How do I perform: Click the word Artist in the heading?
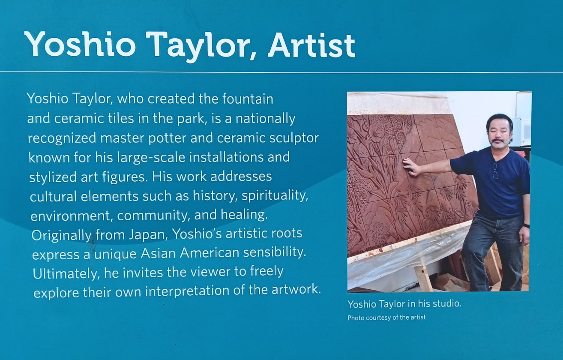(x=311, y=44)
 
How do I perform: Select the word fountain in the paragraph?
(x=248, y=99)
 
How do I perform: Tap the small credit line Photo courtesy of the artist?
(x=386, y=318)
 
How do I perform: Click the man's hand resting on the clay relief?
(x=411, y=167)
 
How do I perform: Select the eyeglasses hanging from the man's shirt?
(x=495, y=170)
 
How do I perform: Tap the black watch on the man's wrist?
(x=526, y=225)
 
